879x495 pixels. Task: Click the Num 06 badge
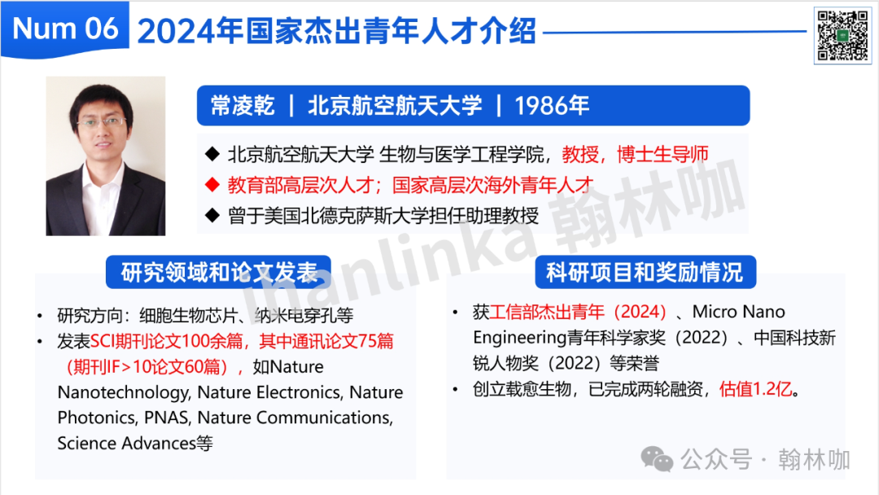pos(65,28)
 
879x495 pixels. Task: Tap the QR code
pos(842,36)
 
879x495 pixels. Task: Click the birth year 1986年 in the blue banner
pos(552,105)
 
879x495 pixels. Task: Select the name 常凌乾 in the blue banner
pos(243,105)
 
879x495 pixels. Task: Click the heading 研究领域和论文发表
pos(219,273)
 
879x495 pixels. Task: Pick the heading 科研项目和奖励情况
pos(645,273)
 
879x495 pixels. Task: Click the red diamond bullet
pos(212,185)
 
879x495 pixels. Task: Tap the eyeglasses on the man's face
pos(102,121)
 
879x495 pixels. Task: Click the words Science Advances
pos(126,444)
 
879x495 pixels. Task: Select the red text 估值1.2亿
pos(755,388)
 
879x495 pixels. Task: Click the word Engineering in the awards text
pos(519,338)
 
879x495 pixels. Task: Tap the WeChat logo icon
pos(657,460)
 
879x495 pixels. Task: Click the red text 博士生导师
pos(663,154)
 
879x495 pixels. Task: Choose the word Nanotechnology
pos(123,392)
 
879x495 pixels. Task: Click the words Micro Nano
pos(738,312)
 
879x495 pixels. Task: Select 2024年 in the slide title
pos(190,30)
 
